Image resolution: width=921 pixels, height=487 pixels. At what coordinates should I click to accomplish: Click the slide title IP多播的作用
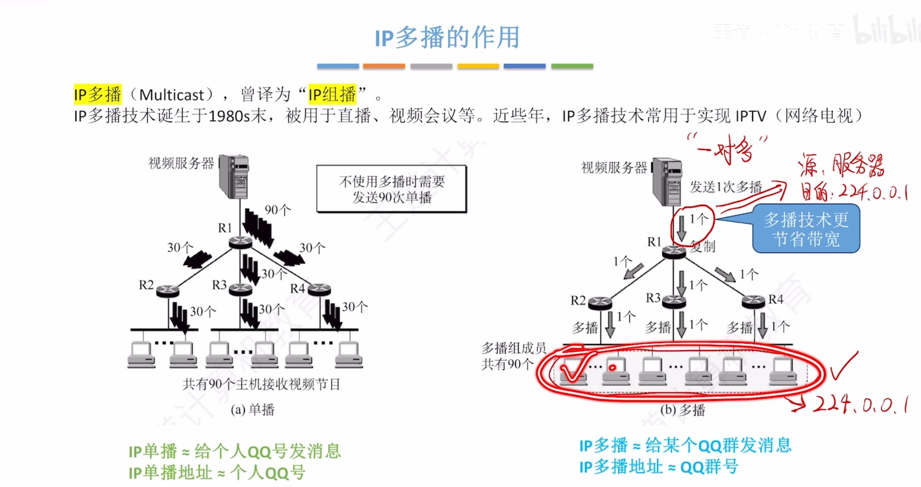click(x=447, y=38)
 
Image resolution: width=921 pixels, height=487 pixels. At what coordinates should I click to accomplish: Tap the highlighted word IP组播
click(x=332, y=95)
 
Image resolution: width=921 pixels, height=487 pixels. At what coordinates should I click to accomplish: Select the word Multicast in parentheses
click(x=172, y=95)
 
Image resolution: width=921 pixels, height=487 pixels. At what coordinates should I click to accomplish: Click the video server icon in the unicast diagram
click(x=234, y=176)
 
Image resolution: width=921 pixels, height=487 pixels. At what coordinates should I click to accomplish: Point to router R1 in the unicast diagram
click(x=240, y=242)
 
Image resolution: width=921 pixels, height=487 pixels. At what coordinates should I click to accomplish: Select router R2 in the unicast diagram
click(x=167, y=290)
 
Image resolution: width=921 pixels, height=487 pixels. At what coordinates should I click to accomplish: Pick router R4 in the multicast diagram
click(x=753, y=302)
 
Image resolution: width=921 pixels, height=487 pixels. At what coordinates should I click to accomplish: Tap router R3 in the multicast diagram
click(x=674, y=302)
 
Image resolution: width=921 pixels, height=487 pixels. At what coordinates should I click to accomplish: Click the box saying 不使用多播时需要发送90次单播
click(x=391, y=189)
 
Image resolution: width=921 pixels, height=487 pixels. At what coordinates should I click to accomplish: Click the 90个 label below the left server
click(x=277, y=210)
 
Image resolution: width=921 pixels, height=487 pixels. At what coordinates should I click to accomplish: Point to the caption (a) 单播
click(x=252, y=410)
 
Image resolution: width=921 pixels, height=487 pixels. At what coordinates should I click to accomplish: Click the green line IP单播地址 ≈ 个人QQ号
click(x=217, y=473)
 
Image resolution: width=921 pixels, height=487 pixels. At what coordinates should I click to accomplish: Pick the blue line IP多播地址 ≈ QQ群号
click(x=659, y=467)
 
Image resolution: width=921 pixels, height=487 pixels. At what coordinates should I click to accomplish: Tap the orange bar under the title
click(x=384, y=66)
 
